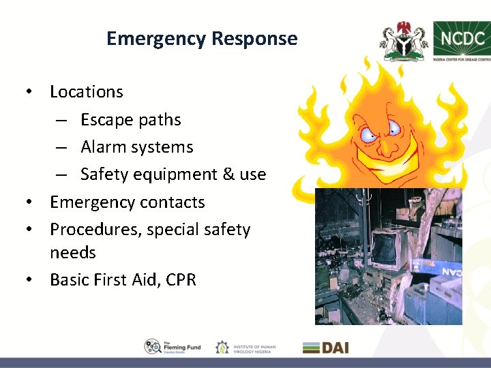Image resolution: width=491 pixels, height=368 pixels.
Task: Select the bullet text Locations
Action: click(x=87, y=92)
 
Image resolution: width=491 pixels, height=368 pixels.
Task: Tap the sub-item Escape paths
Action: click(x=131, y=120)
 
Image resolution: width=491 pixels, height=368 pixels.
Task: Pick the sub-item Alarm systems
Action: click(x=137, y=147)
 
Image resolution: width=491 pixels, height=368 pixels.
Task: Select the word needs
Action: click(x=73, y=253)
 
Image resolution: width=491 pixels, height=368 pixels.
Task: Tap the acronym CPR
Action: click(x=180, y=280)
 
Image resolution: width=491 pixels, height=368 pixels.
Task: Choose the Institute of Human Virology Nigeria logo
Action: click(x=245, y=347)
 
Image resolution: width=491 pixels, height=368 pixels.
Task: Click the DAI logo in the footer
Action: click(x=325, y=347)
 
